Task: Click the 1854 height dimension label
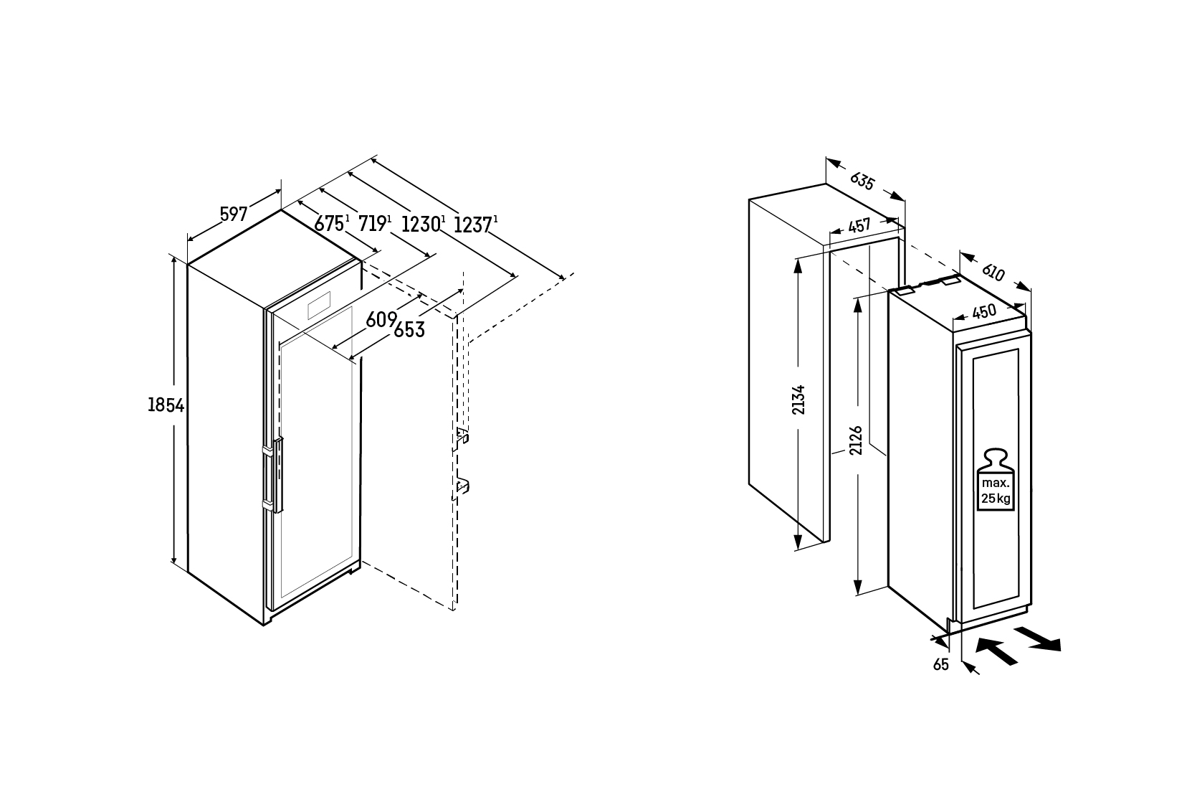[x=166, y=405]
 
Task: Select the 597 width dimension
[x=234, y=214]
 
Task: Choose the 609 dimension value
[x=381, y=320]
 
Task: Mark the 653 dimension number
[x=409, y=330]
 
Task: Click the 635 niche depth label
[x=862, y=181]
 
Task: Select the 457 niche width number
[x=859, y=226]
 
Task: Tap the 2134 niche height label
[x=798, y=400]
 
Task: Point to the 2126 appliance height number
[x=856, y=440]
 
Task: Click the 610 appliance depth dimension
[x=993, y=273]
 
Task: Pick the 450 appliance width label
[x=984, y=312]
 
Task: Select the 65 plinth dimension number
[x=941, y=664]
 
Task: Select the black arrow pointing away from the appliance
[x=1038, y=638]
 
